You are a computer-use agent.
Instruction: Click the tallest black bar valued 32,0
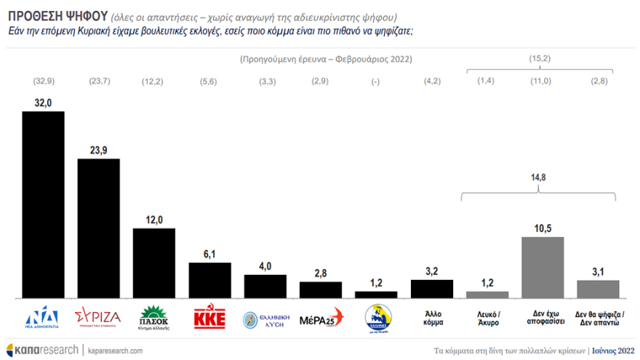pyautogui.click(x=44, y=204)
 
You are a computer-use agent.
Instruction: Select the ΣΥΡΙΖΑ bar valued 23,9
pyautogui.click(x=99, y=228)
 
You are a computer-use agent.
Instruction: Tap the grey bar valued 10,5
pyautogui.click(x=543, y=267)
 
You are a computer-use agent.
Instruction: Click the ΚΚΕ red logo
pyautogui.click(x=210, y=319)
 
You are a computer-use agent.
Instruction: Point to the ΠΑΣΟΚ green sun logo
pyautogui.click(x=154, y=318)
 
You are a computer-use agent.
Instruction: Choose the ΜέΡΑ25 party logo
pyautogui.click(x=320, y=319)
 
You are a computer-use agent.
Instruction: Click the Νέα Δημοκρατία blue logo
pyautogui.click(x=43, y=319)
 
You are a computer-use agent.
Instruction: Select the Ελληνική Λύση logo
pyautogui.click(x=265, y=319)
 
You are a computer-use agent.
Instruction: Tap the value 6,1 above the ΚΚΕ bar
pyautogui.click(x=210, y=253)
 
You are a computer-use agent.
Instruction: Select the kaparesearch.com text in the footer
pyautogui.click(x=116, y=350)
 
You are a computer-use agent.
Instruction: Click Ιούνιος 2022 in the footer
pyautogui.click(x=609, y=350)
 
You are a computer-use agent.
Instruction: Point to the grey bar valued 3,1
pyautogui.click(x=598, y=289)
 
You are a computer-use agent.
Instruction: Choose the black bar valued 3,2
pyautogui.click(x=432, y=289)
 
